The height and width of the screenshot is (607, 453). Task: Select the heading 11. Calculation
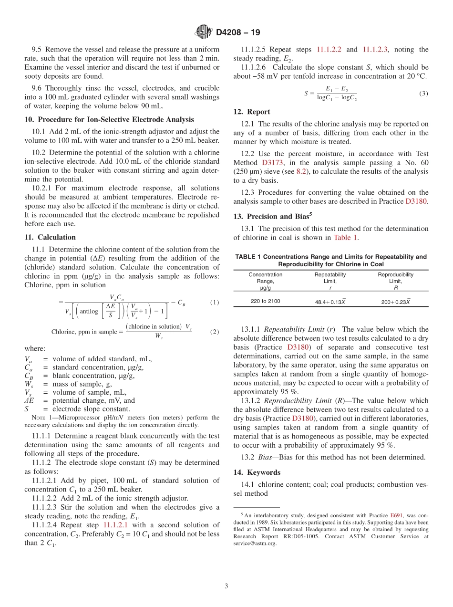pyautogui.click(x=50, y=237)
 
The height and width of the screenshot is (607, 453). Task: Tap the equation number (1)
pyautogui.click(x=214, y=303)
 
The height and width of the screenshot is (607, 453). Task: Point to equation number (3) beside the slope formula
pyautogui.click(x=423, y=94)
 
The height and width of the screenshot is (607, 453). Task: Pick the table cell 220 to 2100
pyautogui.click(x=265, y=301)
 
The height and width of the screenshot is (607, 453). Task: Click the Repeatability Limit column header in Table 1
pyautogui.click(x=330, y=278)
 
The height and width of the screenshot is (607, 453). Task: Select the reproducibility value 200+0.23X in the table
pyautogui.click(x=395, y=302)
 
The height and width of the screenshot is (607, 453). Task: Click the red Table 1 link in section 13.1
pyautogui.click(x=346, y=238)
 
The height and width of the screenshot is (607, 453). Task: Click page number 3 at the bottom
pyautogui.click(x=226, y=586)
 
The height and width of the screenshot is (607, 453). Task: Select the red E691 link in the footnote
pyautogui.click(x=396, y=515)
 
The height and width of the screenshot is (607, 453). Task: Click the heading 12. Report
pyautogui.click(x=252, y=112)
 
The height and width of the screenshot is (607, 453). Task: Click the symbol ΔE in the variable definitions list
pyautogui.click(x=29, y=401)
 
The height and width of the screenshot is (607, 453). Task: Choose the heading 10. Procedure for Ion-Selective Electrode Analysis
pyautogui.click(x=109, y=119)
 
